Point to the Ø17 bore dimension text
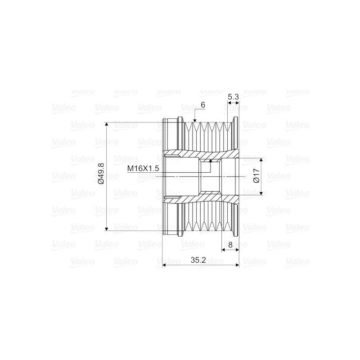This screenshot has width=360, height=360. click(x=256, y=175)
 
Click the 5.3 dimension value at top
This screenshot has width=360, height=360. click(x=233, y=97)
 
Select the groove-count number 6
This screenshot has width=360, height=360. click(x=203, y=104)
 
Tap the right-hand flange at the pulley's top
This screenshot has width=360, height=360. click(x=234, y=130)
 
